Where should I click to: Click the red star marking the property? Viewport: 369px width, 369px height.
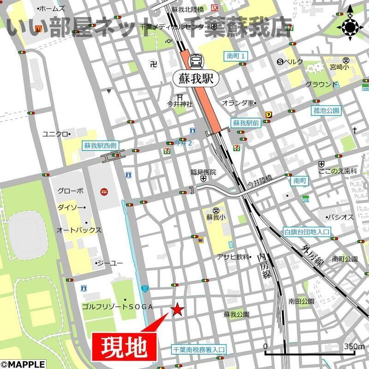(x=177, y=309)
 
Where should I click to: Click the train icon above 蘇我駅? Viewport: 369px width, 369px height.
(x=196, y=60)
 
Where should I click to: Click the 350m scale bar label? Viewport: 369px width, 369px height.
(x=354, y=347)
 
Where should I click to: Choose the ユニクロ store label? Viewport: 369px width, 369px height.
(x=55, y=134)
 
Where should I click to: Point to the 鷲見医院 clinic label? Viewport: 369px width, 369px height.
(x=203, y=173)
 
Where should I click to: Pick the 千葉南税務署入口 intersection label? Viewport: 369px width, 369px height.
(x=198, y=350)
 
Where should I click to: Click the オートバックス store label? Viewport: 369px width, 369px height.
(x=79, y=230)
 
